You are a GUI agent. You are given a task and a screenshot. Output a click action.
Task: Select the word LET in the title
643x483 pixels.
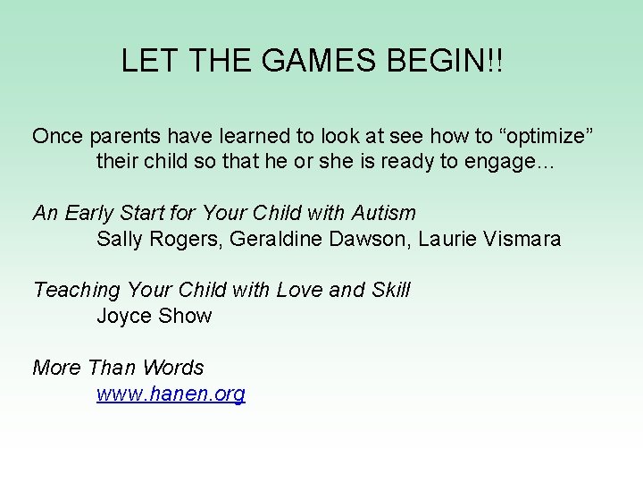pyautogui.click(x=148, y=61)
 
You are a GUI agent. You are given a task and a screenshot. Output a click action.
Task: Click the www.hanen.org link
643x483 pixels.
pyautogui.click(x=171, y=394)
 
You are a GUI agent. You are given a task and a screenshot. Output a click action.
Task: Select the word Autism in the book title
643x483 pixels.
pyautogui.click(x=384, y=213)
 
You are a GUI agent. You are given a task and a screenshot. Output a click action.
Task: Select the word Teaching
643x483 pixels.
pyautogui.click(x=76, y=290)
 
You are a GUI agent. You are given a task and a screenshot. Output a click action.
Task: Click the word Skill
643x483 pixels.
pyautogui.click(x=389, y=290)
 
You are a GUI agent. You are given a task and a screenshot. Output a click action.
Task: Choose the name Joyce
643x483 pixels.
pyautogui.click(x=124, y=316)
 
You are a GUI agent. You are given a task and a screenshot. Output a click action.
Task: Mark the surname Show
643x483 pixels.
pyautogui.click(x=185, y=316)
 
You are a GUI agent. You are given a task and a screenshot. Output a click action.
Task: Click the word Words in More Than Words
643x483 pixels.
pyautogui.click(x=173, y=368)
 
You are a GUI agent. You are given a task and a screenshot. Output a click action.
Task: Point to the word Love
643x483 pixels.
pyautogui.click(x=300, y=290)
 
